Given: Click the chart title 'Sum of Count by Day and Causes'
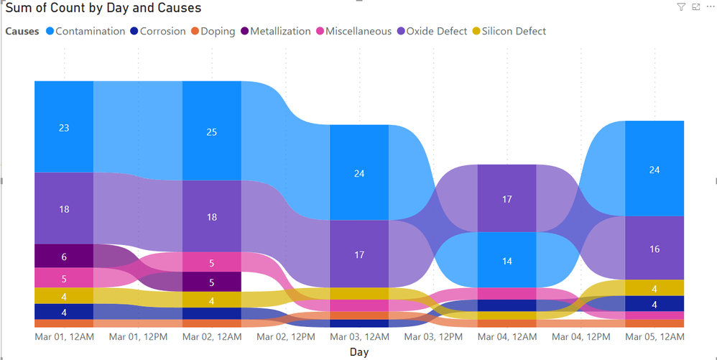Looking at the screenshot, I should pyautogui.click(x=103, y=9).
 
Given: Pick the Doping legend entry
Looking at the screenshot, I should pyautogui.click(x=217, y=32).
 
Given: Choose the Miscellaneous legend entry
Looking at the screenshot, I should pyautogui.click(x=358, y=32).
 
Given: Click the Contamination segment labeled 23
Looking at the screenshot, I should pyautogui.click(x=64, y=127).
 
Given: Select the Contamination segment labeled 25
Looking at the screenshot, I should pyautogui.click(x=211, y=131).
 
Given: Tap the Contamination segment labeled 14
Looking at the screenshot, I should pyautogui.click(x=506, y=260).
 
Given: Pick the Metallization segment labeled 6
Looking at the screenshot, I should pyautogui.click(x=64, y=257).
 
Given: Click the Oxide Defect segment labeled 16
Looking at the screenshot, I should pyautogui.click(x=654, y=249).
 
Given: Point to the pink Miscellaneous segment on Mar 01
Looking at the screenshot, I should pyautogui.click(x=64, y=278).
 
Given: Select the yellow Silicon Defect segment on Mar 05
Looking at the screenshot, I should pyautogui.click(x=654, y=288).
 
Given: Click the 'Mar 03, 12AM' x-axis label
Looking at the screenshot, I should pyautogui.click(x=359, y=336).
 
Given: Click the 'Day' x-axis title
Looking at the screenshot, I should pyautogui.click(x=359, y=352).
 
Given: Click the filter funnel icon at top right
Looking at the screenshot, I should pyautogui.click(x=681, y=7).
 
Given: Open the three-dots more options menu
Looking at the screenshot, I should pyautogui.click(x=710, y=7).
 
